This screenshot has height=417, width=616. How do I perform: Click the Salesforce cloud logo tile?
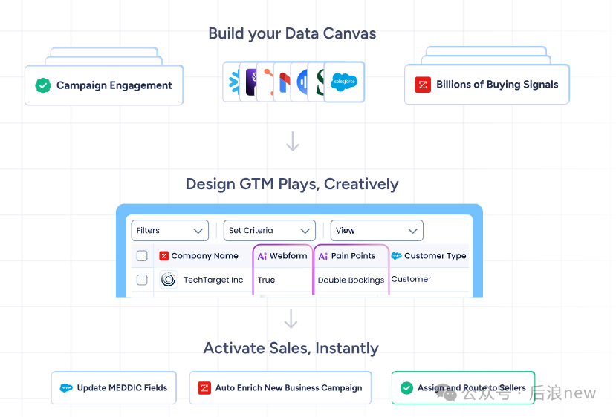[344, 82]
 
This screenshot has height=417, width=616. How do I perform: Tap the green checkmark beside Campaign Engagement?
[43, 85]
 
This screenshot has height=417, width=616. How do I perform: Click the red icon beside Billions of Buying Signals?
[423, 85]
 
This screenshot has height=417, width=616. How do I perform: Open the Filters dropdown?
[169, 231]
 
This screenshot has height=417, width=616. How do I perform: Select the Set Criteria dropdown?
[270, 231]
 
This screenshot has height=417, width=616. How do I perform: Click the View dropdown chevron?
[412, 231]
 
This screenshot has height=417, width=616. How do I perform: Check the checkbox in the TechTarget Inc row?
[142, 280]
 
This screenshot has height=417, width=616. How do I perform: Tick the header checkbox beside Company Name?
[142, 256]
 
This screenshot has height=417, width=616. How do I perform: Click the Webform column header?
[282, 256]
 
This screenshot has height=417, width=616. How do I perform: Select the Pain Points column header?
[347, 256]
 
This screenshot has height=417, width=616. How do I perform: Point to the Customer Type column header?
[429, 256]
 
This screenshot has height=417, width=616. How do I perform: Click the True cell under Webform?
[266, 280]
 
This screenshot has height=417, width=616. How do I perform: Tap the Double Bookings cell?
[351, 280]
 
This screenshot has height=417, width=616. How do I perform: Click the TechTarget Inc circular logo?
[169, 280]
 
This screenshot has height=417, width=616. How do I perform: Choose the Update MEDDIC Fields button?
[114, 387]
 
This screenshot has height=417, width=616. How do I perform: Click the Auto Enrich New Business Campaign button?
[280, 387]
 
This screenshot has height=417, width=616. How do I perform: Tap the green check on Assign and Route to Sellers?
[406, 388]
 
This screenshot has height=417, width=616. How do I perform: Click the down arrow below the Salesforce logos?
[293, 141]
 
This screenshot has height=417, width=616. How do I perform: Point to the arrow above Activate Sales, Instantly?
[291, 318]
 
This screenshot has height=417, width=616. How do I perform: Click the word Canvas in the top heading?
[350, 33]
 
